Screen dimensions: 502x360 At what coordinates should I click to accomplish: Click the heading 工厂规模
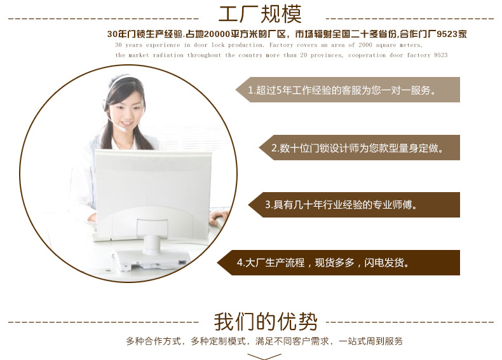[260, 14]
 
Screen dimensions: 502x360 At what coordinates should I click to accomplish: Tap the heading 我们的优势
[266, 322]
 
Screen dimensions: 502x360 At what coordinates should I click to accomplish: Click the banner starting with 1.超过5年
[348, 90]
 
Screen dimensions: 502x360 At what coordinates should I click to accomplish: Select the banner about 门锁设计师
[360, 148]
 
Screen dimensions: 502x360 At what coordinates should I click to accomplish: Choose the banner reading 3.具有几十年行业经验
[354, 205]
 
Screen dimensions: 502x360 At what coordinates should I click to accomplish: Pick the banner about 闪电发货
[339, 263]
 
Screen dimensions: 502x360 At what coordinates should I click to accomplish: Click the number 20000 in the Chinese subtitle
[217, 34]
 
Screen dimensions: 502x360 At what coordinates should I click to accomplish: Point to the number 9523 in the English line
[440, 55]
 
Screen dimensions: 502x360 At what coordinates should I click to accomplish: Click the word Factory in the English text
[281, 45]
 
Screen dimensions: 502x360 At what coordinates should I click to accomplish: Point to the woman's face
[126, 111]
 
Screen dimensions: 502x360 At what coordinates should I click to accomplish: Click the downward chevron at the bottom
[264, 356]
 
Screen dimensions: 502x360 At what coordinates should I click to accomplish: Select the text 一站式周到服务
[370, 341]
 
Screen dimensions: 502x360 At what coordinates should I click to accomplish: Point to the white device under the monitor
[151, 260]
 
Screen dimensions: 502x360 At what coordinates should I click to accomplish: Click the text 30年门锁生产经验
[145, 34]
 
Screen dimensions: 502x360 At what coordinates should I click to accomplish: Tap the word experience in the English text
[163, 45]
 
